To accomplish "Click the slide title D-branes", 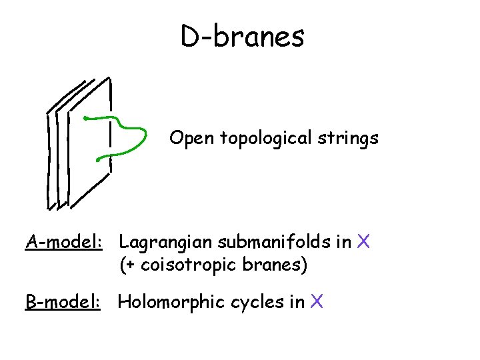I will (x=242, y=37).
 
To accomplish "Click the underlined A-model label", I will (x=63, y=241).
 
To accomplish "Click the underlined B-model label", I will (x=63, y=302).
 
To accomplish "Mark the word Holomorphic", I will (x=171, y=302).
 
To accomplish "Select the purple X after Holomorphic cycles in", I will (x=317, y=302).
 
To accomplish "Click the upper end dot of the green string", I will (x=85, y=119).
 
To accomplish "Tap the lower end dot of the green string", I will (x=99, y=159).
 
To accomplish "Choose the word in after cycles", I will (x=297, y=302).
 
